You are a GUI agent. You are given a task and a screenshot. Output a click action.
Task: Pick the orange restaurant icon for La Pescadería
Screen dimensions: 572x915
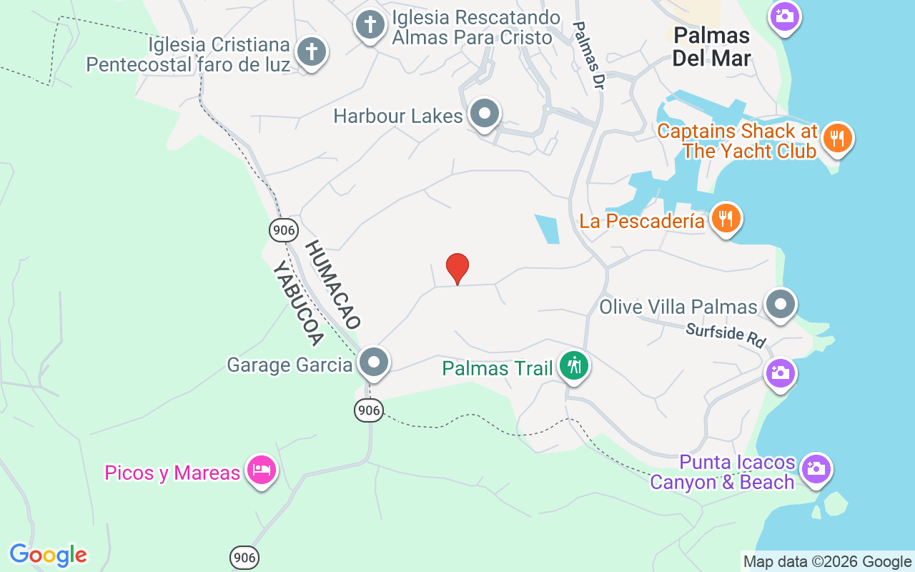point(726,218)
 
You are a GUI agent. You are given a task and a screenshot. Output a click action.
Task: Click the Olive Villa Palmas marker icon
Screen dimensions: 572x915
point(780,305)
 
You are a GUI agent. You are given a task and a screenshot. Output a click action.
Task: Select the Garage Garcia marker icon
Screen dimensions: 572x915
point(373,363)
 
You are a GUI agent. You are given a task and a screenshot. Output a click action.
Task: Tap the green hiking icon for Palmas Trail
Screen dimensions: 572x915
point(573,366)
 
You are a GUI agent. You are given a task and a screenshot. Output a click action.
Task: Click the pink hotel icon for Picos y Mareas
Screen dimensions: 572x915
point(262,470)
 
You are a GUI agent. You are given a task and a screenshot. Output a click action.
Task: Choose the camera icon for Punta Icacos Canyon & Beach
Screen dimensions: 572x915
point(815,469)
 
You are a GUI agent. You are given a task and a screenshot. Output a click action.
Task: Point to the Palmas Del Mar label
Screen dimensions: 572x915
point(711,46)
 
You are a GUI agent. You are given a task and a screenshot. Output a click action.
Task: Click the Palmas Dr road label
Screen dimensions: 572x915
point(590,56)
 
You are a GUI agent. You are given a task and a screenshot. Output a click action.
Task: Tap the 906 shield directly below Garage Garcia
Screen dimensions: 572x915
point(369,410)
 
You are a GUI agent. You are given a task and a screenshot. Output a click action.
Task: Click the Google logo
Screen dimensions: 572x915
point(48,555)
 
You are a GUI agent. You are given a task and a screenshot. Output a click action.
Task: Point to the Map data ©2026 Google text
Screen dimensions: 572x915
point(827,562)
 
